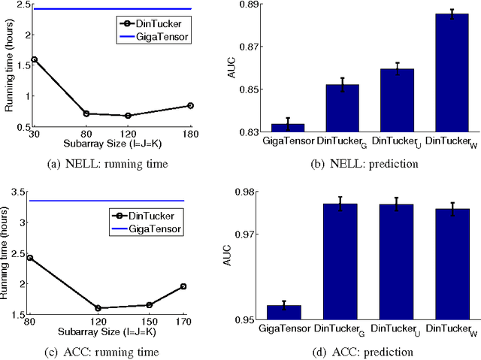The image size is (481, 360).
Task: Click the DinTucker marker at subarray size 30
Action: click(x=34, y=59)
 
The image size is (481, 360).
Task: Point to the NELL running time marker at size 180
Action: click(x=190, y=106)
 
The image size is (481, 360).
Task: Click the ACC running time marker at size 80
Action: click(x=29, y=257)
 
